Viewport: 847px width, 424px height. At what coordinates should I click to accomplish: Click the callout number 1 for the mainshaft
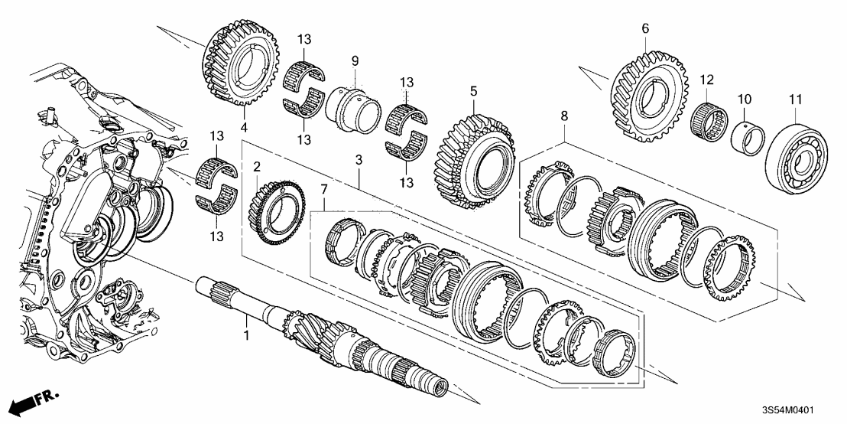click(x=246, y=334)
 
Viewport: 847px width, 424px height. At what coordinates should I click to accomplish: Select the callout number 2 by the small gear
click(x=258, y=166)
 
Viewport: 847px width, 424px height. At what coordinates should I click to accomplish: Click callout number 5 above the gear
click(x=474, y=91)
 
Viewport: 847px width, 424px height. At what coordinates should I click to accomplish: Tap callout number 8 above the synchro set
click(x=564, y=117)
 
